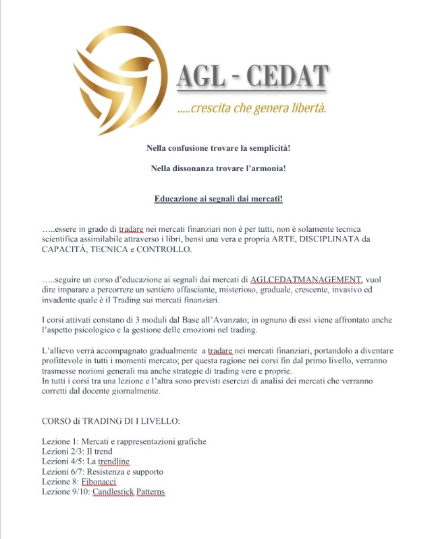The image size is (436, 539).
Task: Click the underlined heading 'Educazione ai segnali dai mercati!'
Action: coord(218,199)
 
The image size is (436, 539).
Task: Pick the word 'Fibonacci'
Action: coord(99,482)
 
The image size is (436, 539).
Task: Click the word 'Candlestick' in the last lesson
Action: coord(115,492)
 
